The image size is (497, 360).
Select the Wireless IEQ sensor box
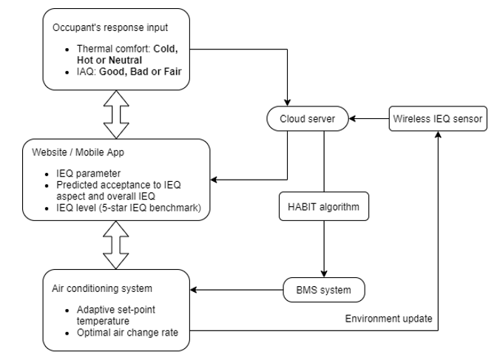[x=438, y=118]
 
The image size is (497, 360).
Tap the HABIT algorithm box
[x=322, y=207]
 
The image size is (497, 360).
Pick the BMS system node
[x=322, y=289]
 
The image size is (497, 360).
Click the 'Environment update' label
[x=388, y=319]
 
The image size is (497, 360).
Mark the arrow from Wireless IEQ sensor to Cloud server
[x=369, y=118]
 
